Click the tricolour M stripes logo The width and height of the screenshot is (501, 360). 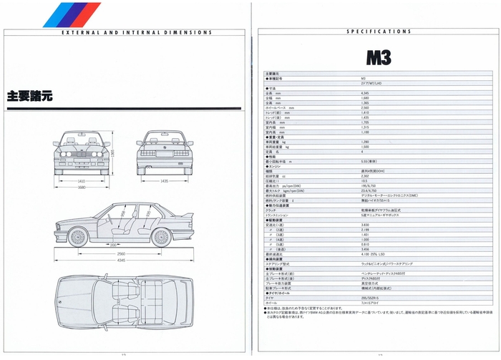pos(72,14)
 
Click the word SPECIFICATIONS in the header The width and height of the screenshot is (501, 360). pos(378,32)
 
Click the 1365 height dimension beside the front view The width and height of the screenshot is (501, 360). pos(112,152)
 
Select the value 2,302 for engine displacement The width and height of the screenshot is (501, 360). pos(365,176)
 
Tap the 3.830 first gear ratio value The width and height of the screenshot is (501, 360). pos(365,225)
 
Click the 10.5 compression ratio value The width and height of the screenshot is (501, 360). pos(364,181)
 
